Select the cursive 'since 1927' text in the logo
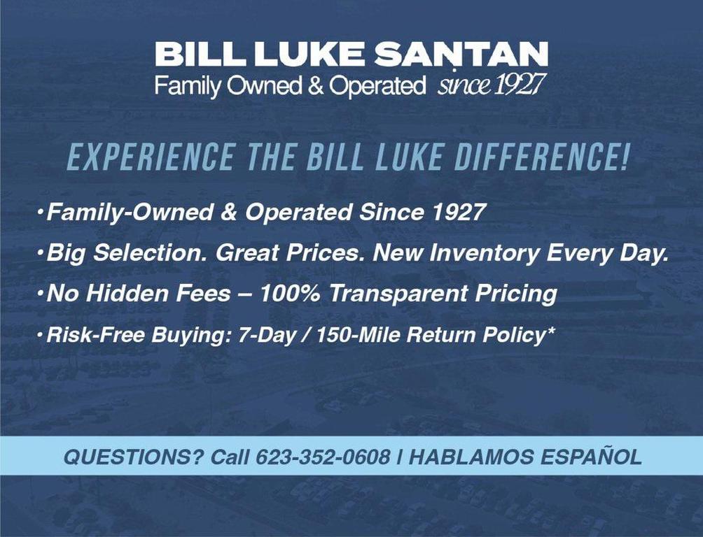point(491,86)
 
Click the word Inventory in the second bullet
point(482,253)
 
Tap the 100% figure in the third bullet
point(290,294)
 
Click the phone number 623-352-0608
point(323,457)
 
